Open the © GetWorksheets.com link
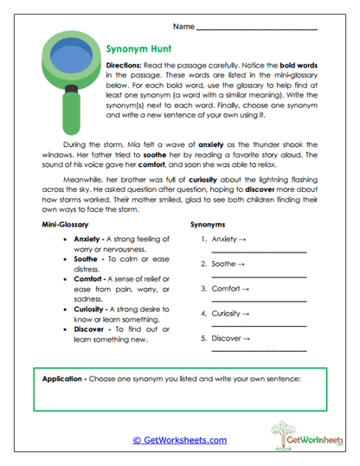point(179,439)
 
